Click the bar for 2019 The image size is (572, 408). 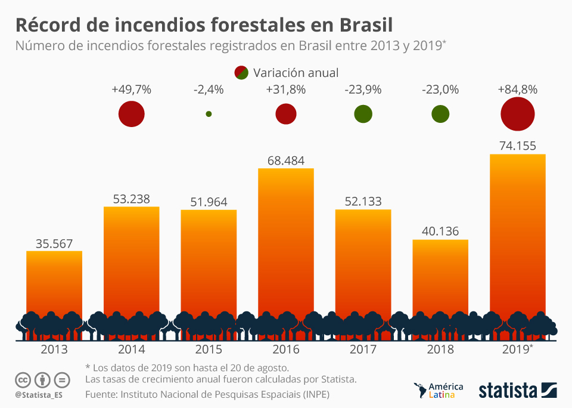coord(517,239)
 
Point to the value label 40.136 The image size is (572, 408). coord(440,231)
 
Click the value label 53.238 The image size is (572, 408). coord(131,199)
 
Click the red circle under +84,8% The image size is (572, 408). coord(517,114)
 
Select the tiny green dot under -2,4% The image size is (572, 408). coord(209,114)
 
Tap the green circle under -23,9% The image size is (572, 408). coord(363,114)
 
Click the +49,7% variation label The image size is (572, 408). coord(131,90)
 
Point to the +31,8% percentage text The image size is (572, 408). coord(285,90)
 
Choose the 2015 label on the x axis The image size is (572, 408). coord(209,350)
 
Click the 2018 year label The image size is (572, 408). coord(440,350)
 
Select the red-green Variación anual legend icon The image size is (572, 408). coord(241,73)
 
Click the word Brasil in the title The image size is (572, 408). coord(365,25)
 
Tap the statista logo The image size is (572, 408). coord(518,391)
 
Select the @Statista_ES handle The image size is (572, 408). coord(39,395)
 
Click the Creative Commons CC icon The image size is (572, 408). coord(23,379)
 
